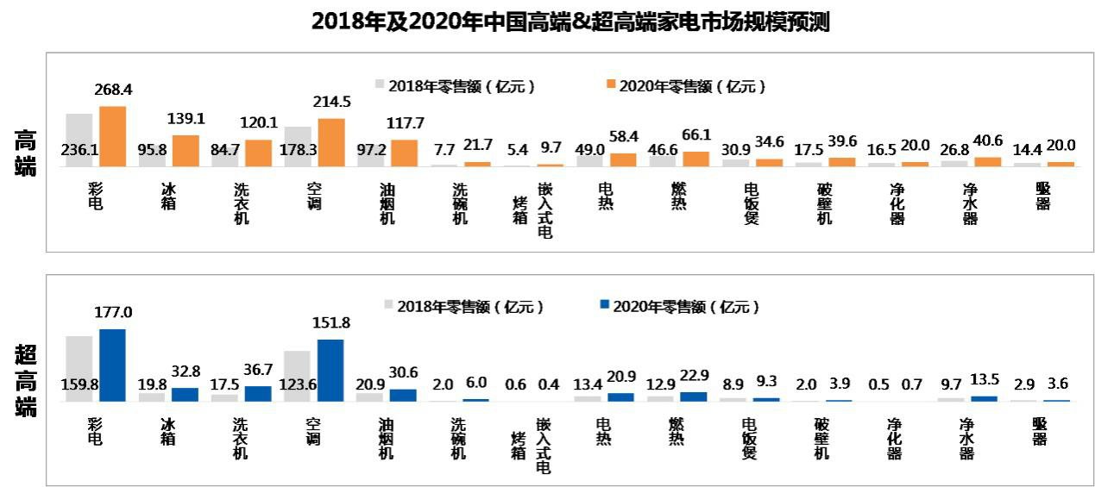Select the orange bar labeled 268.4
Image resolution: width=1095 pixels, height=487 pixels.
[112, 136]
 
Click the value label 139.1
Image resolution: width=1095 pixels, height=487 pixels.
[186, 119]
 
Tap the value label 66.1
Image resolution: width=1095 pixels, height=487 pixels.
[696, 134]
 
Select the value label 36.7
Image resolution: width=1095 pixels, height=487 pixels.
[258, 370]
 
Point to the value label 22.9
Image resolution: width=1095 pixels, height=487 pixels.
[695, 376]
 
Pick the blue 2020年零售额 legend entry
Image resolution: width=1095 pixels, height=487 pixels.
[678, 306]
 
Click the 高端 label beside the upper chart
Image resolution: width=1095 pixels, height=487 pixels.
[26, 153]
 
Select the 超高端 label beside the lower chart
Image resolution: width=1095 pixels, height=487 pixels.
[26, 380]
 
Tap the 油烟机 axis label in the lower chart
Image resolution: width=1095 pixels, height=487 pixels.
[387, 437]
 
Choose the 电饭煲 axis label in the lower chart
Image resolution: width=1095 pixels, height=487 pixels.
[751, 437]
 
